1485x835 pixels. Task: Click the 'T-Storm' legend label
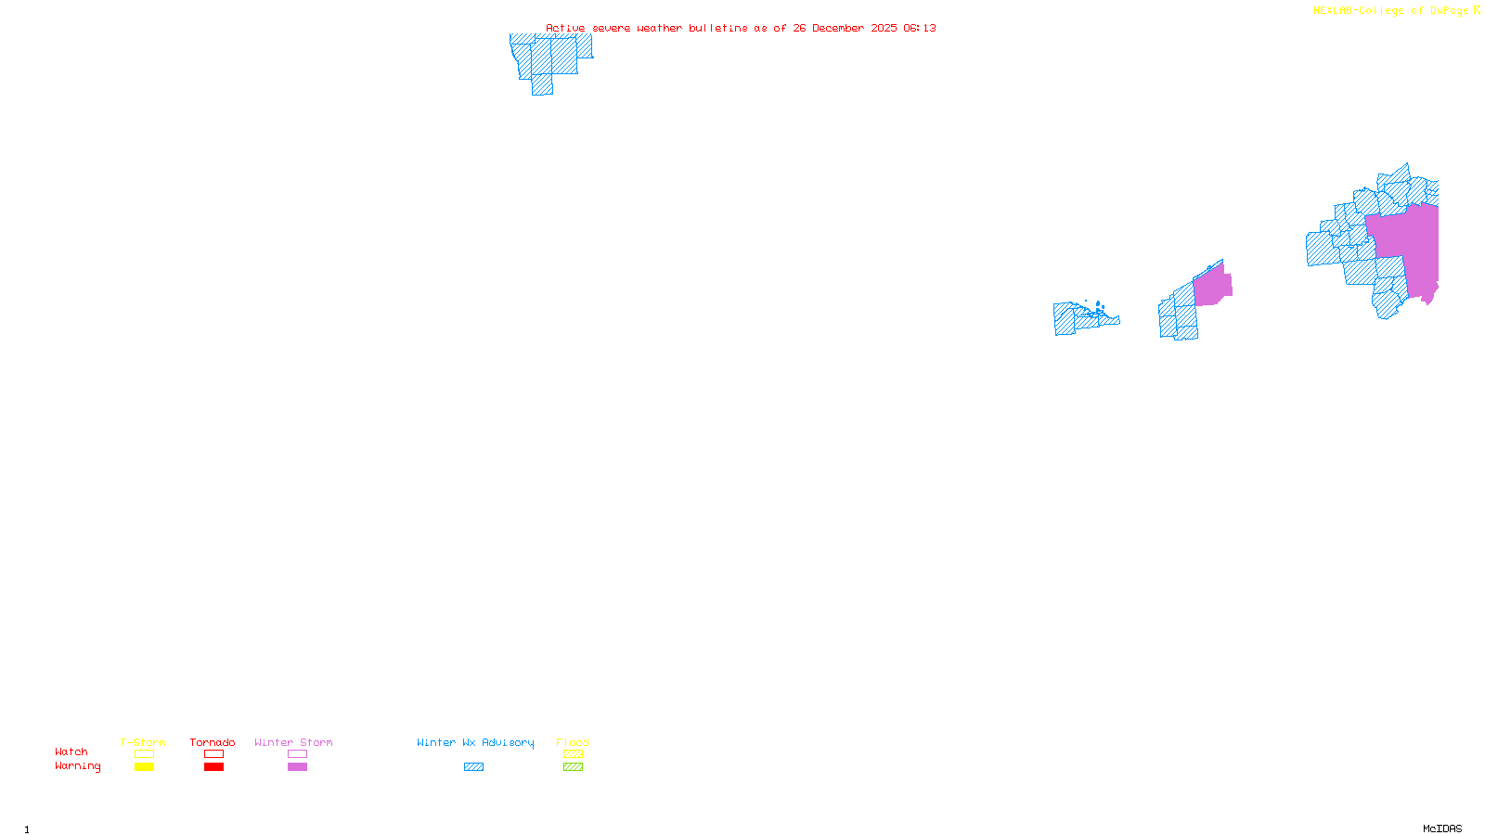pyautogui.click(x=143, y=742)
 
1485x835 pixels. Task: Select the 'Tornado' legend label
pyautogui.click(x=213, y=742)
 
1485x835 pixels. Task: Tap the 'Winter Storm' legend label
pyautogui.click(x=293, y=742)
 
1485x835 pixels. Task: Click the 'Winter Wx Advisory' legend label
pyautogui.click(x=475, y=742)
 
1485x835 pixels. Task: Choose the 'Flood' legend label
pyautogui.click(x=573, y=742)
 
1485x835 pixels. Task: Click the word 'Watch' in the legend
pyautogui.click(x=71, y=751)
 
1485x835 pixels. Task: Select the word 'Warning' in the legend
pyautogui.click(x=78, y=766)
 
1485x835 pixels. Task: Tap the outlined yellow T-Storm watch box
pyautogui.click(x=144, y=754)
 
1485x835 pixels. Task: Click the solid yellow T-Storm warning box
pyautogui.click(x=144, y=767)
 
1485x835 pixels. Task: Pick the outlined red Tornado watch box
pyautogui.click(x=213, y=754)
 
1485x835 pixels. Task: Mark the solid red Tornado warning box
pyautogui.click(x=213, y=767)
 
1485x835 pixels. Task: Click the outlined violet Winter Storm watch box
pyautogui.click(x=297, y=754)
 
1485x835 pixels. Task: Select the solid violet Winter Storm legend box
pyautogui.click(x=297, y=767)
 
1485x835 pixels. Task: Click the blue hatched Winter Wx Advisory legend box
pyautogui.click(x=473, y=767)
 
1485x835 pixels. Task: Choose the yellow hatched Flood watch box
pyautogui.click(x=573, y=754)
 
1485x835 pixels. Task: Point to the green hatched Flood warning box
pyautogui.click(x=573, y=767)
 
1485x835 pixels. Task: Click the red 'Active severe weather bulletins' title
pyautogui.click(x=741, y=28)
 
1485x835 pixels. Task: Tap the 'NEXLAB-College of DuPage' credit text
pyautogui.click(x=1391, y=11)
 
